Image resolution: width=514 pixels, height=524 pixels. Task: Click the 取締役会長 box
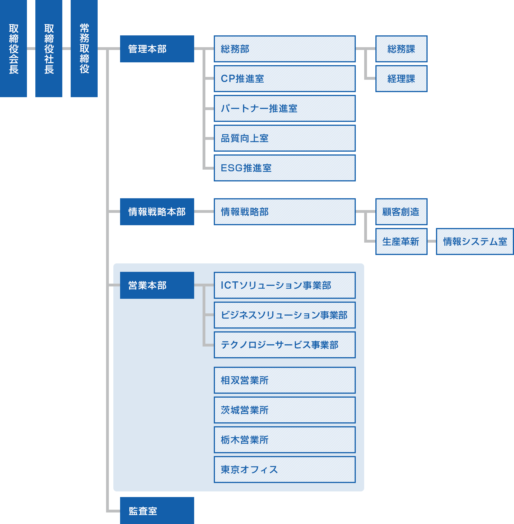(13, 49)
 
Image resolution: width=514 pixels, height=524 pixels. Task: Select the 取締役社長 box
(49, 49)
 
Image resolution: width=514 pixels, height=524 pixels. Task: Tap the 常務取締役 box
(84, 49)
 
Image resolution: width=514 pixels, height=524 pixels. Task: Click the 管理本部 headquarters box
(157, 49)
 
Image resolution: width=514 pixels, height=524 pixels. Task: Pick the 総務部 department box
(285, 49)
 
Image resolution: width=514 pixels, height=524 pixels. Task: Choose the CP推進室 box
(285, 79)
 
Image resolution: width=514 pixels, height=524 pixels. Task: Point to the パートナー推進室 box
(285, 108)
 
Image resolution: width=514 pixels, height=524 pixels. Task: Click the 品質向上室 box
(285, 138)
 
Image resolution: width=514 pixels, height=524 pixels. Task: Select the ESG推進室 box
(285, 168)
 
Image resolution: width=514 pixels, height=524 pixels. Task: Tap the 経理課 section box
(401, 79)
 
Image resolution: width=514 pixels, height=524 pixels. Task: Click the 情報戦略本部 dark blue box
(157, 212)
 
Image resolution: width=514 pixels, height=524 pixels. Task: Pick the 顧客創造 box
(401, 212)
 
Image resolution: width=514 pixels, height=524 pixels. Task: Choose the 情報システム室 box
(475, 242)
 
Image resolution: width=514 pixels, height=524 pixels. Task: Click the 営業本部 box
(157, 285)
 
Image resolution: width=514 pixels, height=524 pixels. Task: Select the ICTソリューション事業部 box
(285, 285)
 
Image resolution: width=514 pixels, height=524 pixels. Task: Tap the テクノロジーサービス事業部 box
(285, 345)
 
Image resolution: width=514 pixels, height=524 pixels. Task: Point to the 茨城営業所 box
(285, 410)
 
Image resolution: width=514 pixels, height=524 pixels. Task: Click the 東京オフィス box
(285, 470)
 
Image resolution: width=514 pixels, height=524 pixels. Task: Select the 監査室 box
(157, 511)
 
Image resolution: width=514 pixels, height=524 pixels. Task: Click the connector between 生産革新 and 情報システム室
(432, 242)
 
